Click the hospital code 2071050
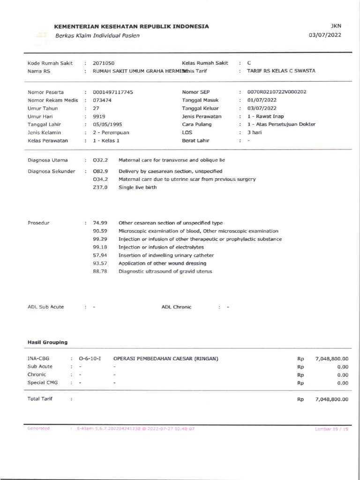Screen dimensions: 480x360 point(104,63)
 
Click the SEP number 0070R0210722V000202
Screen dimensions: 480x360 point(276,92)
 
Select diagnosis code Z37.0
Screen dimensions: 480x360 point(100,187)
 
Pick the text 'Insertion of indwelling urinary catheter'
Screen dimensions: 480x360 point(166,255)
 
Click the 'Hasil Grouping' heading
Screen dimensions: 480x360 point(47,342)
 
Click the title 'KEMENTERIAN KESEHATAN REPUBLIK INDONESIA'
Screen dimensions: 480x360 point(132,27)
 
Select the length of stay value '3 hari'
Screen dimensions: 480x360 point(255,132)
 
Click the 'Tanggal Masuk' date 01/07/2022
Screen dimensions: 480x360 point(261,100)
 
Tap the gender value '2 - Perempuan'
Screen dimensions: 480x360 point(111,132)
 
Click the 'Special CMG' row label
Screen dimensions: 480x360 point(43,382)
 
